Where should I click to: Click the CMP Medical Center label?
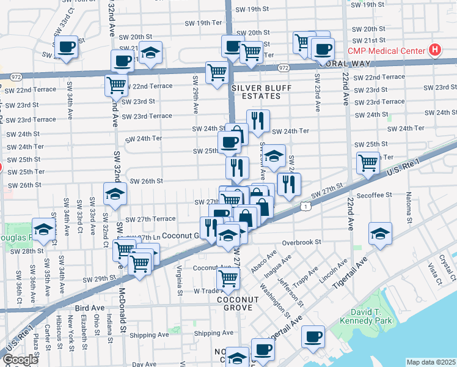(387, 50)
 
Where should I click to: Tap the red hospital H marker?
(434, 50)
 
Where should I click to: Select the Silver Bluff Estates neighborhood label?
(262, 92)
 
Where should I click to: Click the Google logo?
(20, 359)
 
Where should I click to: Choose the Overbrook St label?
(301, 242)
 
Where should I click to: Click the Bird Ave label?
(89, 309)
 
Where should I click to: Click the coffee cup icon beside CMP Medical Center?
(323, 50)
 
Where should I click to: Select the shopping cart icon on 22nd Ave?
(368, 163)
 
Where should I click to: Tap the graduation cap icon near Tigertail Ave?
(380, 234)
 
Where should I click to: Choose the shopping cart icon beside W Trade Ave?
(228, 278)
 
